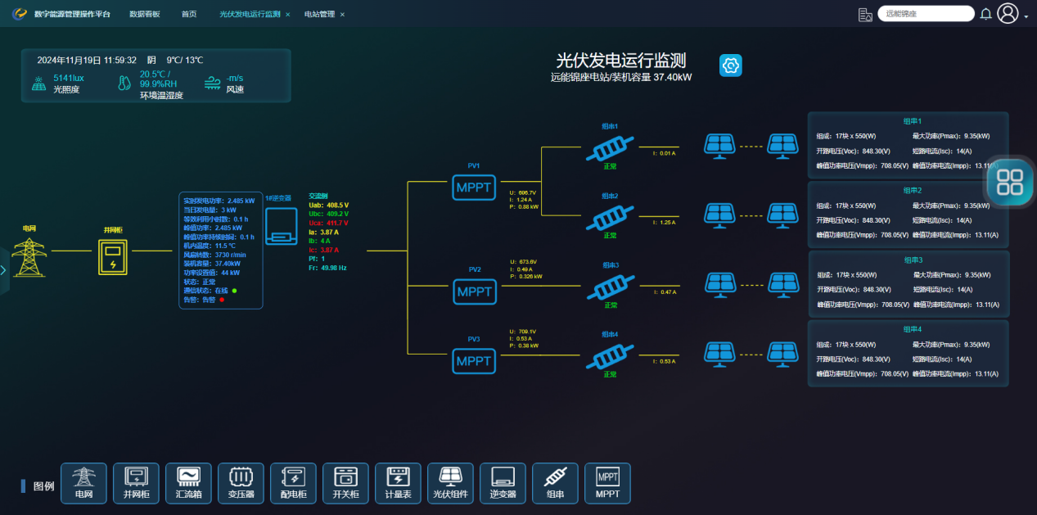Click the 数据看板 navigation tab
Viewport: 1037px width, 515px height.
pos(145,14)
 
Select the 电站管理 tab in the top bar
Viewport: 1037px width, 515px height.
pos(319,14)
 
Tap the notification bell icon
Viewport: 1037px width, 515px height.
pos(985,14)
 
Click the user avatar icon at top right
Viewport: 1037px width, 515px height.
pos(1008,14)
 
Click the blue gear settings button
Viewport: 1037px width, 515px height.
pos(730,66)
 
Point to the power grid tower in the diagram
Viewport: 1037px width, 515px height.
pos(29,256)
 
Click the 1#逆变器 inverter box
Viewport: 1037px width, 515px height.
pos(281,224)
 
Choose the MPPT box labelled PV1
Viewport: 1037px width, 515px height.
pos(474,187)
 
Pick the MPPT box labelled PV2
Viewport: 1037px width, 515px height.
pos(474,291)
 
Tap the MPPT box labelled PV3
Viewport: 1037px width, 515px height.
pos(474,360)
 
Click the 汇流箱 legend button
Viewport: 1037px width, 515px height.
pos(188,483)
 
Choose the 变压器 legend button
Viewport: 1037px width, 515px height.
pos(241,483)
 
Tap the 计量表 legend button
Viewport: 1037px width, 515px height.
pos(398,483)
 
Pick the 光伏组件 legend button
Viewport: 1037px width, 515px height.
pos(450,483)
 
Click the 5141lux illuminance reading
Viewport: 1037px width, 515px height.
pos(69,78)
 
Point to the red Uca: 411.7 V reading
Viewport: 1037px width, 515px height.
pos(328,223)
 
